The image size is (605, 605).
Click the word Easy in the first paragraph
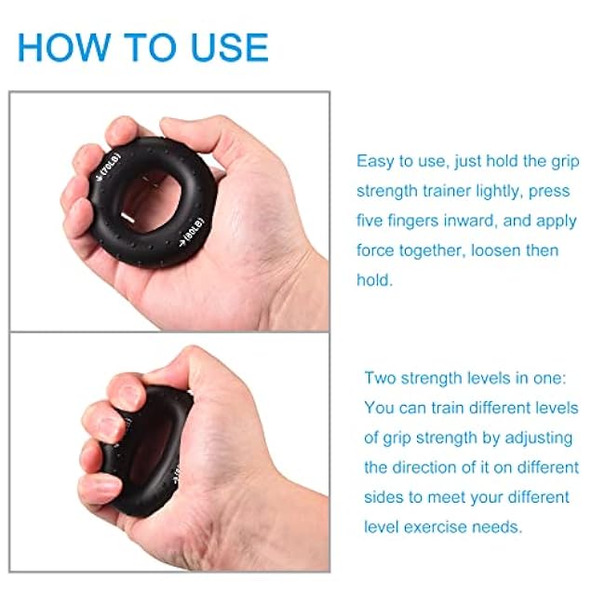click(x=375, y=161)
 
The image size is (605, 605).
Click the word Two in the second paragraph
click(x=381, y=378)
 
